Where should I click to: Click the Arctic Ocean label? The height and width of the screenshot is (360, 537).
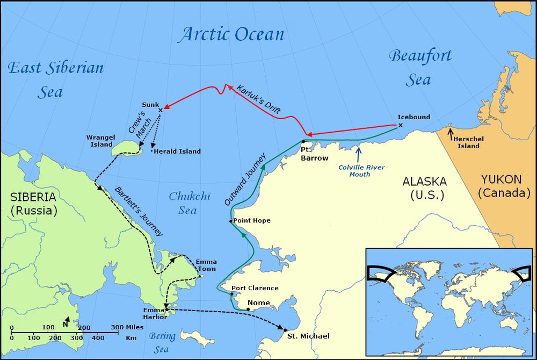(231, 34)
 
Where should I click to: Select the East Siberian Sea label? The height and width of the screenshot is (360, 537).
(55, 80)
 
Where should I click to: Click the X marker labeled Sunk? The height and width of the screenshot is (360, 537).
(160, 110)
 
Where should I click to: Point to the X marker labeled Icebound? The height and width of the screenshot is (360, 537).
(400, 126)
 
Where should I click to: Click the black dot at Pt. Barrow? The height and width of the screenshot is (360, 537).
(303, 141)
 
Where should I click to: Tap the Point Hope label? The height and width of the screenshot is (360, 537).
(252, 221)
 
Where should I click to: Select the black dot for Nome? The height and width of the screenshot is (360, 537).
(248, 309)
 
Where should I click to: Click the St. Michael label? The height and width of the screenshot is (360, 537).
(308, 336)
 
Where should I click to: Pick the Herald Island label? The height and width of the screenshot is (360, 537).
(178, 152)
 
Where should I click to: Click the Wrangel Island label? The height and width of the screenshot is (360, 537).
(100, 141)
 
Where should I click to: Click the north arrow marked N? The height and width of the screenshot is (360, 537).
(66, 322)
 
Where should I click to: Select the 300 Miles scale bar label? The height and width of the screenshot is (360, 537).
(127, 327)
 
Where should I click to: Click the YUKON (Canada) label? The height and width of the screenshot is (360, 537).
(505, 185)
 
